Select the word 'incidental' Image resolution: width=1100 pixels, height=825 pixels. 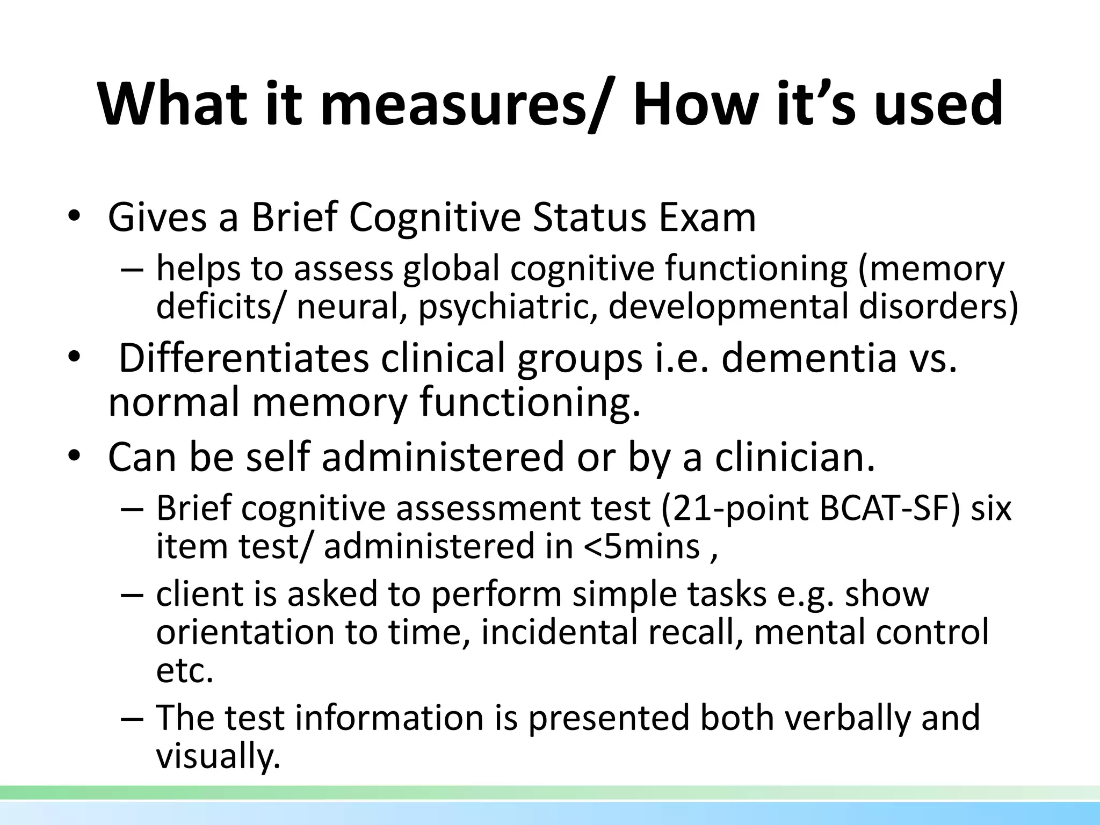click(559, 632)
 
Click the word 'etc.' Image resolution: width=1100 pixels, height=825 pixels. click(184, 671)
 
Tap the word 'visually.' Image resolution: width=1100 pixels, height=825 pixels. click(218, 757)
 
